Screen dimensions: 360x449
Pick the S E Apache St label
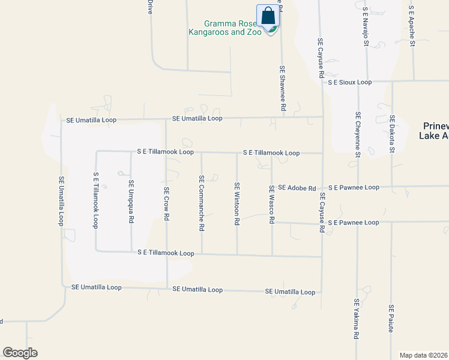click(x=411, y=26)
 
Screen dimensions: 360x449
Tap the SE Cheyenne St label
click(x=358, y=134)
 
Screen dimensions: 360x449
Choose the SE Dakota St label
click(x=392, y=134)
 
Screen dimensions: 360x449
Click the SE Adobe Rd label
click(x=297, y=188)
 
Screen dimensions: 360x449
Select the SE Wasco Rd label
click(x=271, y=205)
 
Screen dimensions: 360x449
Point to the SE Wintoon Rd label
click(x=237, y=204)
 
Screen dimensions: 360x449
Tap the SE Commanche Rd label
click(x=202, y=203)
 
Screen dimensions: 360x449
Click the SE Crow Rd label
click(x=166, y=205)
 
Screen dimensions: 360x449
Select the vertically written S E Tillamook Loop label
click(x=95, y=200)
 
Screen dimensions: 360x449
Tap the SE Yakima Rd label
click(x=356, y=319)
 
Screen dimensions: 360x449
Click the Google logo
click(x=20, y=353)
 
